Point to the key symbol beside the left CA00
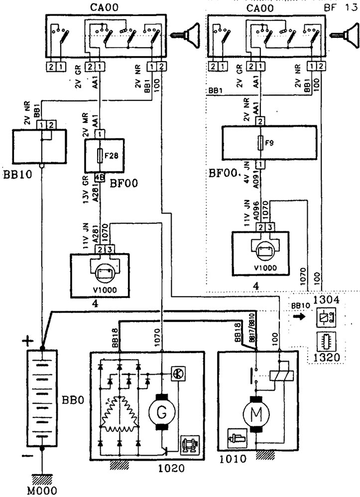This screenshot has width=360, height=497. click(185, 36)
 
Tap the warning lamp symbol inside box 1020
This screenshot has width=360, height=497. click(177, 373)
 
